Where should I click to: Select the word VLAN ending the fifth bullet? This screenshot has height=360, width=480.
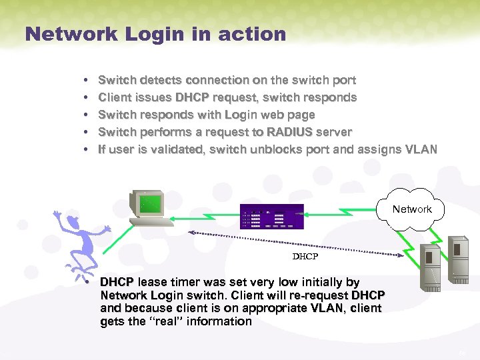pyautogui.click(x=421, y=149)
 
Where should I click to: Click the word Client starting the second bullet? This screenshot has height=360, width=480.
pyautogui.click(x=115, y=97)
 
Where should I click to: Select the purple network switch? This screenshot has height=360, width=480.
pyautogui.click(x=272, y=217)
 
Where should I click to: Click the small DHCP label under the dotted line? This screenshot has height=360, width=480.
pyautogui.click(x=305, y=256)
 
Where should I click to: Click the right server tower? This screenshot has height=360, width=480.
pyautogui.click(x=459, y=257)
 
